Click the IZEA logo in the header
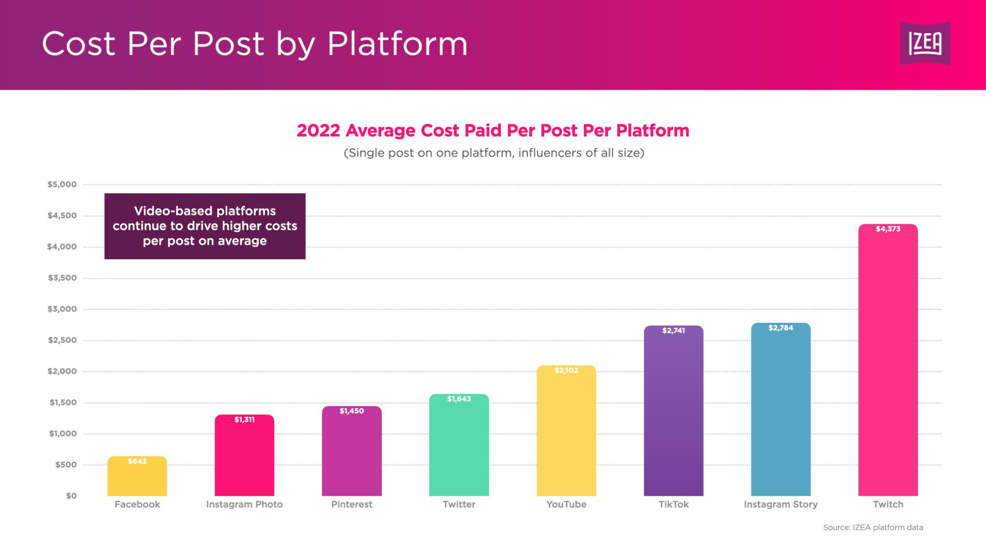(925, 43)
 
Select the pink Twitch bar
(888, 366)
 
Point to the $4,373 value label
(888, 229)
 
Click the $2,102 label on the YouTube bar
(566, 370)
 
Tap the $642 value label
(137, 462)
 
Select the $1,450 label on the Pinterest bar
(351, 411)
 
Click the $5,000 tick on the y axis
(62, 185)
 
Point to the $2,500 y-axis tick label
(62, 340)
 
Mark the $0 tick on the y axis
(71, 496)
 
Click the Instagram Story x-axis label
(780, 504)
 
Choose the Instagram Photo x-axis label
(244, 504)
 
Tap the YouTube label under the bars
(566, 504)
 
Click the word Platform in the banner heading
(397, 44)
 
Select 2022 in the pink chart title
(318, 131)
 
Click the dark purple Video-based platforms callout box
(205, 226)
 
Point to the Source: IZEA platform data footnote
(873, 528)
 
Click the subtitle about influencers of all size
(493, 153)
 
